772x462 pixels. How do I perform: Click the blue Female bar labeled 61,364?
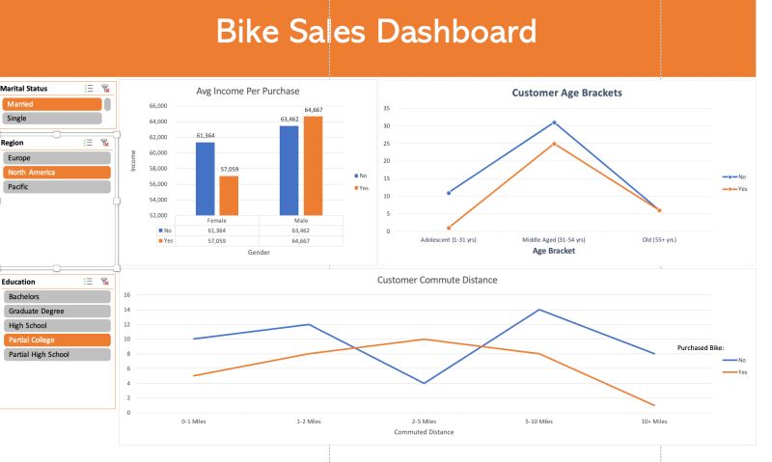[205, 178]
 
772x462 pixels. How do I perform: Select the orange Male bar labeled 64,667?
[313, 165]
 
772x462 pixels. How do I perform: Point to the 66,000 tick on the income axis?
[156, 106]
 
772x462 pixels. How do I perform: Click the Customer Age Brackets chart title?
[566, 94]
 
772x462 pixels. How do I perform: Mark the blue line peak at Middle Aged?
[554, 122]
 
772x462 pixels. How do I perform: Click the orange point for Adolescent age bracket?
[449, 228]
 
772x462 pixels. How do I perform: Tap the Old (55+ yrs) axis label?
[659, 239]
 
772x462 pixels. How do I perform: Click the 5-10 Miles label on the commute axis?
[539, 421]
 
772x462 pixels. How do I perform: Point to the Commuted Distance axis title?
[424, 432]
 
